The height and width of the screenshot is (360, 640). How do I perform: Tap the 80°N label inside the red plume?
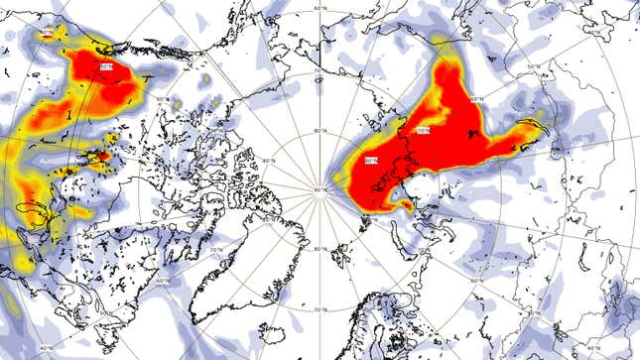[372, 161]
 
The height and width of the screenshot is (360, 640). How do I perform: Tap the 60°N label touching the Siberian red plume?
[475, 98]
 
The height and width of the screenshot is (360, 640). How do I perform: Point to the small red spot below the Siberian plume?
[402, 205]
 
